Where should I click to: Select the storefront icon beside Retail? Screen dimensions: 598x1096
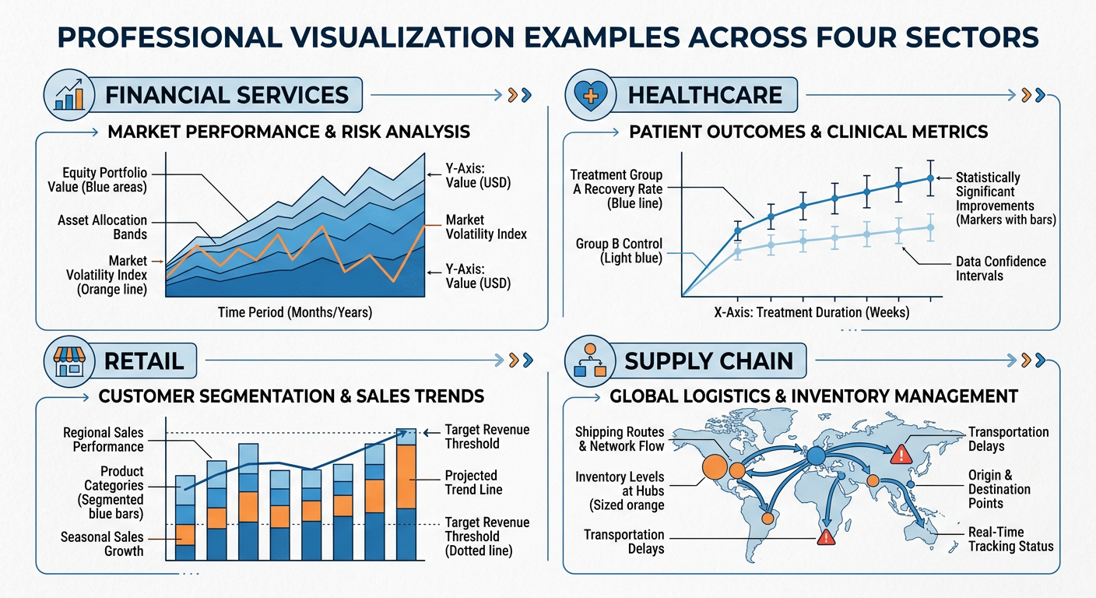[68, 360]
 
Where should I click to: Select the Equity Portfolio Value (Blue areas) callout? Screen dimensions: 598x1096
[105, 180]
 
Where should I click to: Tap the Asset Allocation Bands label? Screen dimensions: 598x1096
[102, 227]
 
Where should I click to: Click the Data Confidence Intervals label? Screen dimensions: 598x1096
[1000, 269]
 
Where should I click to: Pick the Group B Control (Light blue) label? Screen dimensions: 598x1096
[619, 251]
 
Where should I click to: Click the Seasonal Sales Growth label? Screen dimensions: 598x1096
[102, 544]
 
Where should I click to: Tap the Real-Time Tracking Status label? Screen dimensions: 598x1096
[1010, 539]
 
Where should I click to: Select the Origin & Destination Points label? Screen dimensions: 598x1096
[999, 489]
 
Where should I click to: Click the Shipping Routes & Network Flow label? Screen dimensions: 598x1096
[620, 439]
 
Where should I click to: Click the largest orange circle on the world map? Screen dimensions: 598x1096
[715, 466]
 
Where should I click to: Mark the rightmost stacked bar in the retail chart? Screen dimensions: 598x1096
[406, 494]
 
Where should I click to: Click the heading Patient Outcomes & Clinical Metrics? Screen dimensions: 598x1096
[808, 132]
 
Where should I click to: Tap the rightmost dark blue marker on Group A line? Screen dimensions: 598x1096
[930, 178]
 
